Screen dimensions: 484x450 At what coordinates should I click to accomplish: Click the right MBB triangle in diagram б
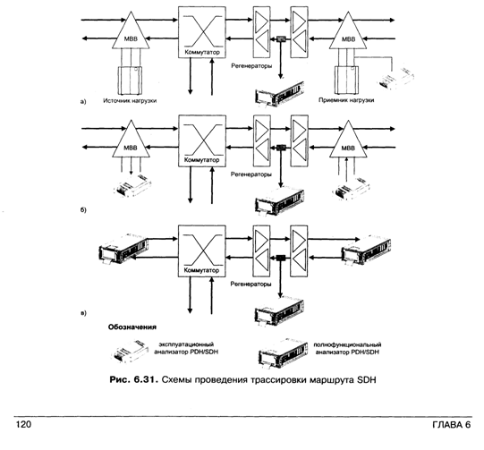348,142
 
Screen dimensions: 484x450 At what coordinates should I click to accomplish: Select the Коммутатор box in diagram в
202,250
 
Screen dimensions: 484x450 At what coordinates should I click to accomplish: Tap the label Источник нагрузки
130,100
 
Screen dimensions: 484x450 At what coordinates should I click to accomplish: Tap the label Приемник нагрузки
346,100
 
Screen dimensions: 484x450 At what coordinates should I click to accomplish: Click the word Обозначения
132,327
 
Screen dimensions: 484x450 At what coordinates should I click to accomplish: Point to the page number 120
23,425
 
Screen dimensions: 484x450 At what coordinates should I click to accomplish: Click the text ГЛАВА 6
452,425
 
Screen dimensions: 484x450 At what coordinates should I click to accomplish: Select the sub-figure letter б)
83,210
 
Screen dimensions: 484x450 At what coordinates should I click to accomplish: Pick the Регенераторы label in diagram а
251,65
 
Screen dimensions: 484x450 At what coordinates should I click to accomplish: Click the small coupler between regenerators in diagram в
281,257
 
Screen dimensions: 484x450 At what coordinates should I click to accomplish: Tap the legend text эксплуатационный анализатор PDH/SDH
186,348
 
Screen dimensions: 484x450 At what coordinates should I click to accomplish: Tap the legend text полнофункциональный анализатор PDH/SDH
347,348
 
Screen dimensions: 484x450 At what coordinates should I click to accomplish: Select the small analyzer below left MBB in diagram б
132,186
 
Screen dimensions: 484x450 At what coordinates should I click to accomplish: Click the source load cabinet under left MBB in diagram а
130,81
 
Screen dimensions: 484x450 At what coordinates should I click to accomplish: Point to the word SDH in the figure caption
367,379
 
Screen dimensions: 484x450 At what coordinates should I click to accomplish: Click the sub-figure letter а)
83,102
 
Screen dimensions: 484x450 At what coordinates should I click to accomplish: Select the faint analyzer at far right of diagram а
395,79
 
